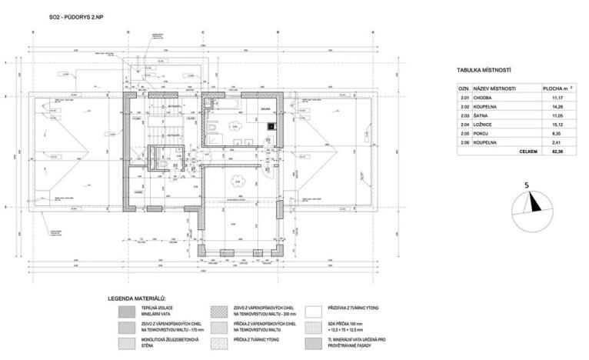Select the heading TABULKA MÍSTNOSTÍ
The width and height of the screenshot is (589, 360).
tap(484, 71)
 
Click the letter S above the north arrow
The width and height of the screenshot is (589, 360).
tap(526, 185)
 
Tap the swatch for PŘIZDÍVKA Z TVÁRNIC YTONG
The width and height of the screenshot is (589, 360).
tap(314, 312)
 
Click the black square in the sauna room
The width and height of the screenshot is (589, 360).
tap(269, 127)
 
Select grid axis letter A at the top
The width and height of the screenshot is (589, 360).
tap(372, 32)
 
